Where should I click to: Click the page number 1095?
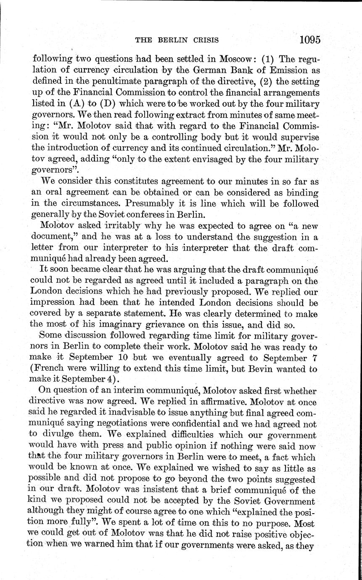click(x=310, y=40)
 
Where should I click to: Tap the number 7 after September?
click(x=313, y=359)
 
